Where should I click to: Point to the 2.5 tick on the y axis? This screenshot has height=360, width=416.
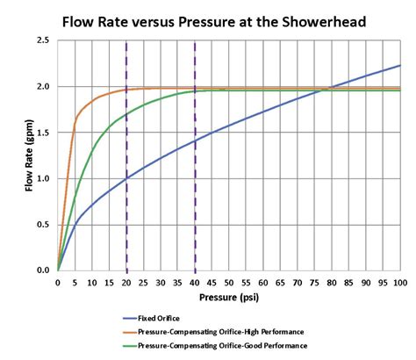pyautogui.click(x=42, y=40)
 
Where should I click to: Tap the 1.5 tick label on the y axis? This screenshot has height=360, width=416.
pyautogui.click(x=42, y=133)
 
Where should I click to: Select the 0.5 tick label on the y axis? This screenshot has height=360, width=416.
pyautogui.click(x=42, y=224)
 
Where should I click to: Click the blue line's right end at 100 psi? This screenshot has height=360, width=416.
pyautogui.click(x=400, y=66)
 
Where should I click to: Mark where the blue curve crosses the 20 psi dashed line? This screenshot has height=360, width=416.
pyautogui.click(x=126, y=178)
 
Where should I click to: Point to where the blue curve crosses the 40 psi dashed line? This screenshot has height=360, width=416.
pyautogui.click(x=195, y=141)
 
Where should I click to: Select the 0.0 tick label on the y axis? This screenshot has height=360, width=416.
pyautogui.click(x=42, y=270)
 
